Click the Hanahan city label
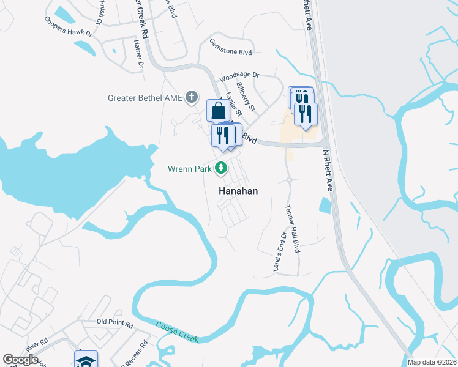238,191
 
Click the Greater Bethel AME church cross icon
192,97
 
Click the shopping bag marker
219,111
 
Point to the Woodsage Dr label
239,75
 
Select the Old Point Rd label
114,322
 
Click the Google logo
21,360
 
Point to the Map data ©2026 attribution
432,362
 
